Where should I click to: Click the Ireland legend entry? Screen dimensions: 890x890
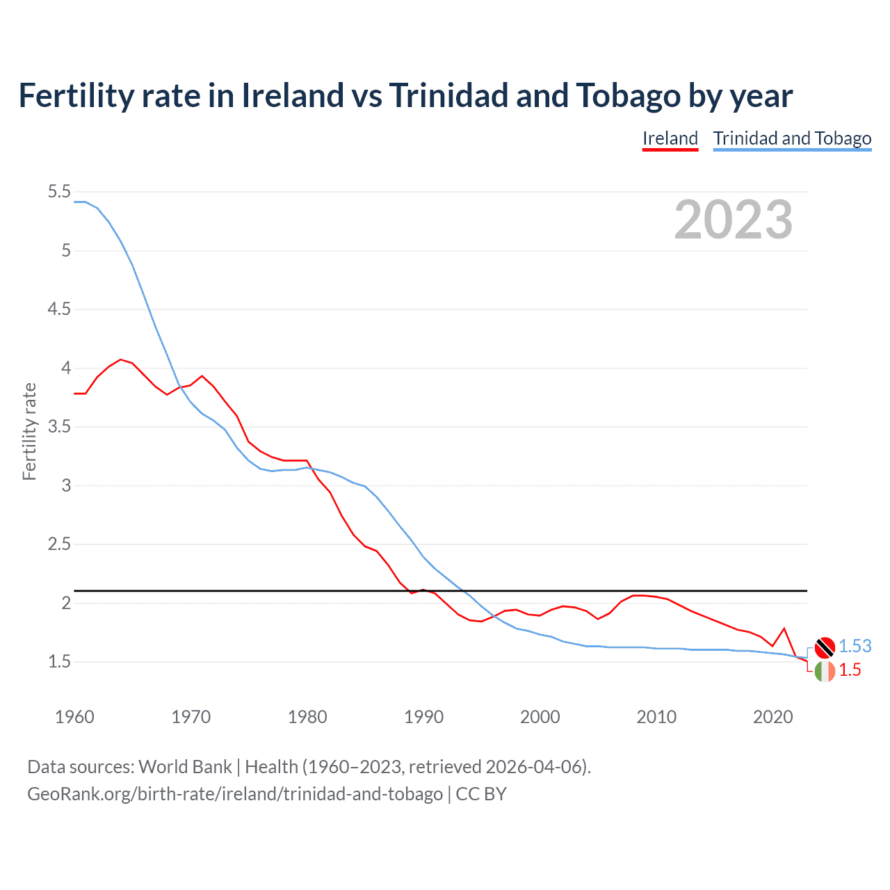tap(670, 138)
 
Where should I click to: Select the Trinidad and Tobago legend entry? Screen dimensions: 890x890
tap(792, 138)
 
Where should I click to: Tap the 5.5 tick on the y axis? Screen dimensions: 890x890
tap(59, 192)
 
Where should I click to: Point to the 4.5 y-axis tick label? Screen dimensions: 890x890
tap(59, 309)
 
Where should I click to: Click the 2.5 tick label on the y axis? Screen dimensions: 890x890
tap(59, 544)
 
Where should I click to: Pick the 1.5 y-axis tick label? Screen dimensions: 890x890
tap(59, 662)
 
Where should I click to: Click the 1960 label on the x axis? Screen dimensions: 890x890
tap(74, 717)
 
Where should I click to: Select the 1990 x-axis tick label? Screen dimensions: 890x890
tap(423, 717)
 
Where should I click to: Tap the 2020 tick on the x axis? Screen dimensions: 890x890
tap(772, 717)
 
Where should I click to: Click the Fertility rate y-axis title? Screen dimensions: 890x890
tap(29, 431)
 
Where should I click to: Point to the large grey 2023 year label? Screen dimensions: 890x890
tap(734, 220)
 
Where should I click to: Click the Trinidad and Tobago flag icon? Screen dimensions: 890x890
tap(825, 647)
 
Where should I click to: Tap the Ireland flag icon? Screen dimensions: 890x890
tap(825, 671)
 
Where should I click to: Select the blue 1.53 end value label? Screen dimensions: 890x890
tap(855, 647)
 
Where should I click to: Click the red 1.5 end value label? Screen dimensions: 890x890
tap(850, 670)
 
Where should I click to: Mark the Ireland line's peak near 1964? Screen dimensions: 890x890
tap(120, 359)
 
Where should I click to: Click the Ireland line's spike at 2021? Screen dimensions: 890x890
tap(784, 629)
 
